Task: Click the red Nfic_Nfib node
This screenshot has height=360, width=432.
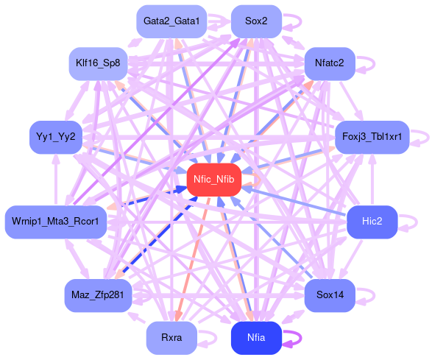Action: pos(214,180)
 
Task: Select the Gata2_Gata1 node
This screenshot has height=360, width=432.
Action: pos(171,21)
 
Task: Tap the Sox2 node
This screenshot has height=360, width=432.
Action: pos(256,21)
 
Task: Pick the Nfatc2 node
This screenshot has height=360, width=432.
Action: pos(330,63)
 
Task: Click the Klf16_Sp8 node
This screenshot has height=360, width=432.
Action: pos(98,63)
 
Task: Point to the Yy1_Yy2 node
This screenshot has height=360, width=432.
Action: pos(56,137)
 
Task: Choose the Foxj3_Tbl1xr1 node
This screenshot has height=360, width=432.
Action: pos(372,137)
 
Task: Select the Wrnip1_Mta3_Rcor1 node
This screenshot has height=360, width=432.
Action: pos(56,222)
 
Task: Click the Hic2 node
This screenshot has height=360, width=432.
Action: pos(372,222)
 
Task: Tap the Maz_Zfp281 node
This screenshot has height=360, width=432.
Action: pos(98,295)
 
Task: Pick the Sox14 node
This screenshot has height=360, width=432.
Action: pos(330,295)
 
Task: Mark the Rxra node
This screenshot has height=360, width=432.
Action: pos(171,338)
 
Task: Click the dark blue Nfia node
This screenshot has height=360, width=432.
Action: pos(256,338)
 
